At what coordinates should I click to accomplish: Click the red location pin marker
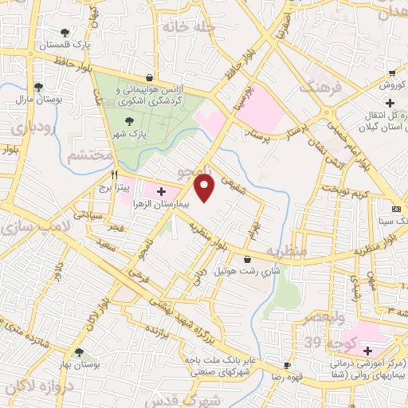click(205, 188)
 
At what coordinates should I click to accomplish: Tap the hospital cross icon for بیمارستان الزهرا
click(162, 191)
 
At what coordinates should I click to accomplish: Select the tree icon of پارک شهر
click(130, 121)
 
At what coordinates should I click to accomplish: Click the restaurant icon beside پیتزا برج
click(116, 174)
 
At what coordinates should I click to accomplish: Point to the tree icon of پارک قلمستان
click(65, 33)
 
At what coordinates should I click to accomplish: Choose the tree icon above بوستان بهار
click(78, 351)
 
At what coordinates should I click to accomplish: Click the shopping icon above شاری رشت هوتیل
click(248, 259)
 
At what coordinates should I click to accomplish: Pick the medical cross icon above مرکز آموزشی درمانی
click(367, 351)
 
